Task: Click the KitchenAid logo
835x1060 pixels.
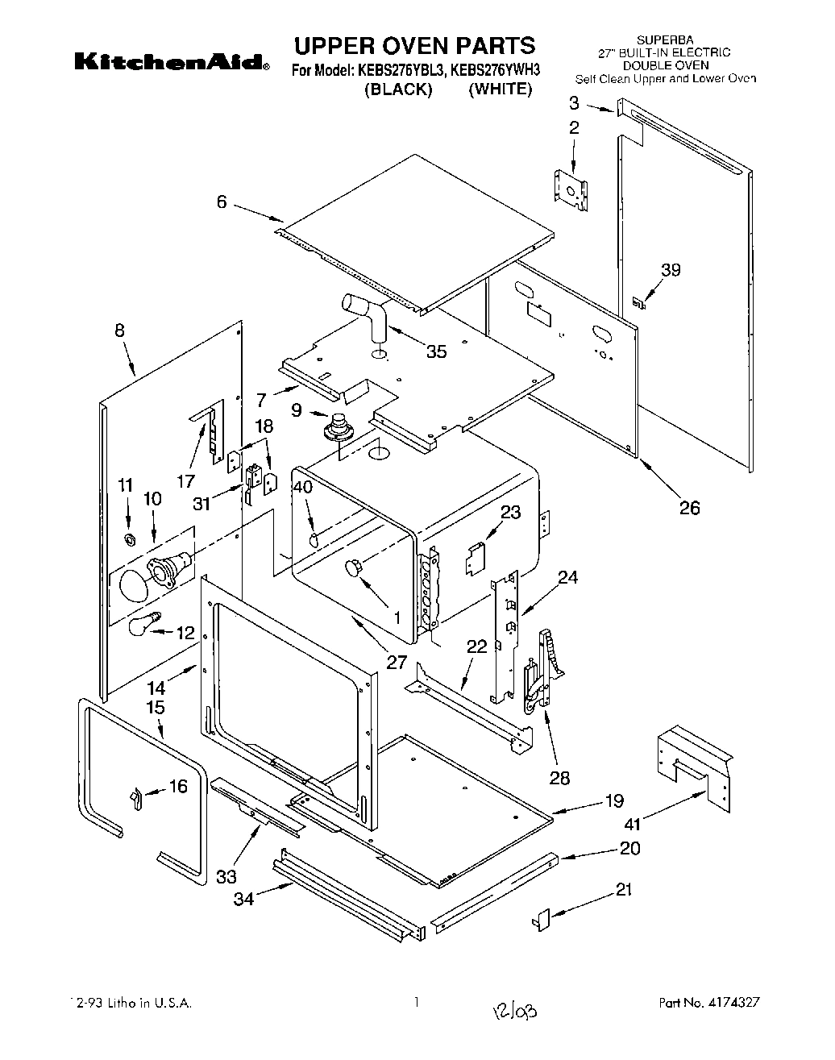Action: pos(172,62)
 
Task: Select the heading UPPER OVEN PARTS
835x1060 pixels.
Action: pos(413,44)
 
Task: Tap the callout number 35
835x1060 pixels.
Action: pos(436,351)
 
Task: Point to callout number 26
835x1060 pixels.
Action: pos(689,507)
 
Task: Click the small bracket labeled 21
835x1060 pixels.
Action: pos(541,917)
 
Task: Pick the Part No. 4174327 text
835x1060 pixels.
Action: pos(709,1004)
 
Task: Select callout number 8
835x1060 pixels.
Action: pos(119,330)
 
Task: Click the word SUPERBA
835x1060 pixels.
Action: pos(665,39)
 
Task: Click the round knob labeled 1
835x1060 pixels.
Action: pos(352,568)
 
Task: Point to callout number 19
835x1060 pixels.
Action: pos(614,800)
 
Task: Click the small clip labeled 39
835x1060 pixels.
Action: pos(638,302)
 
